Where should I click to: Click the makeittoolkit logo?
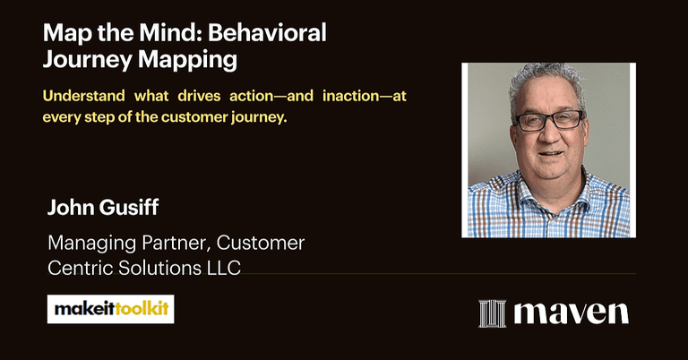click(x=110, y=309)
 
